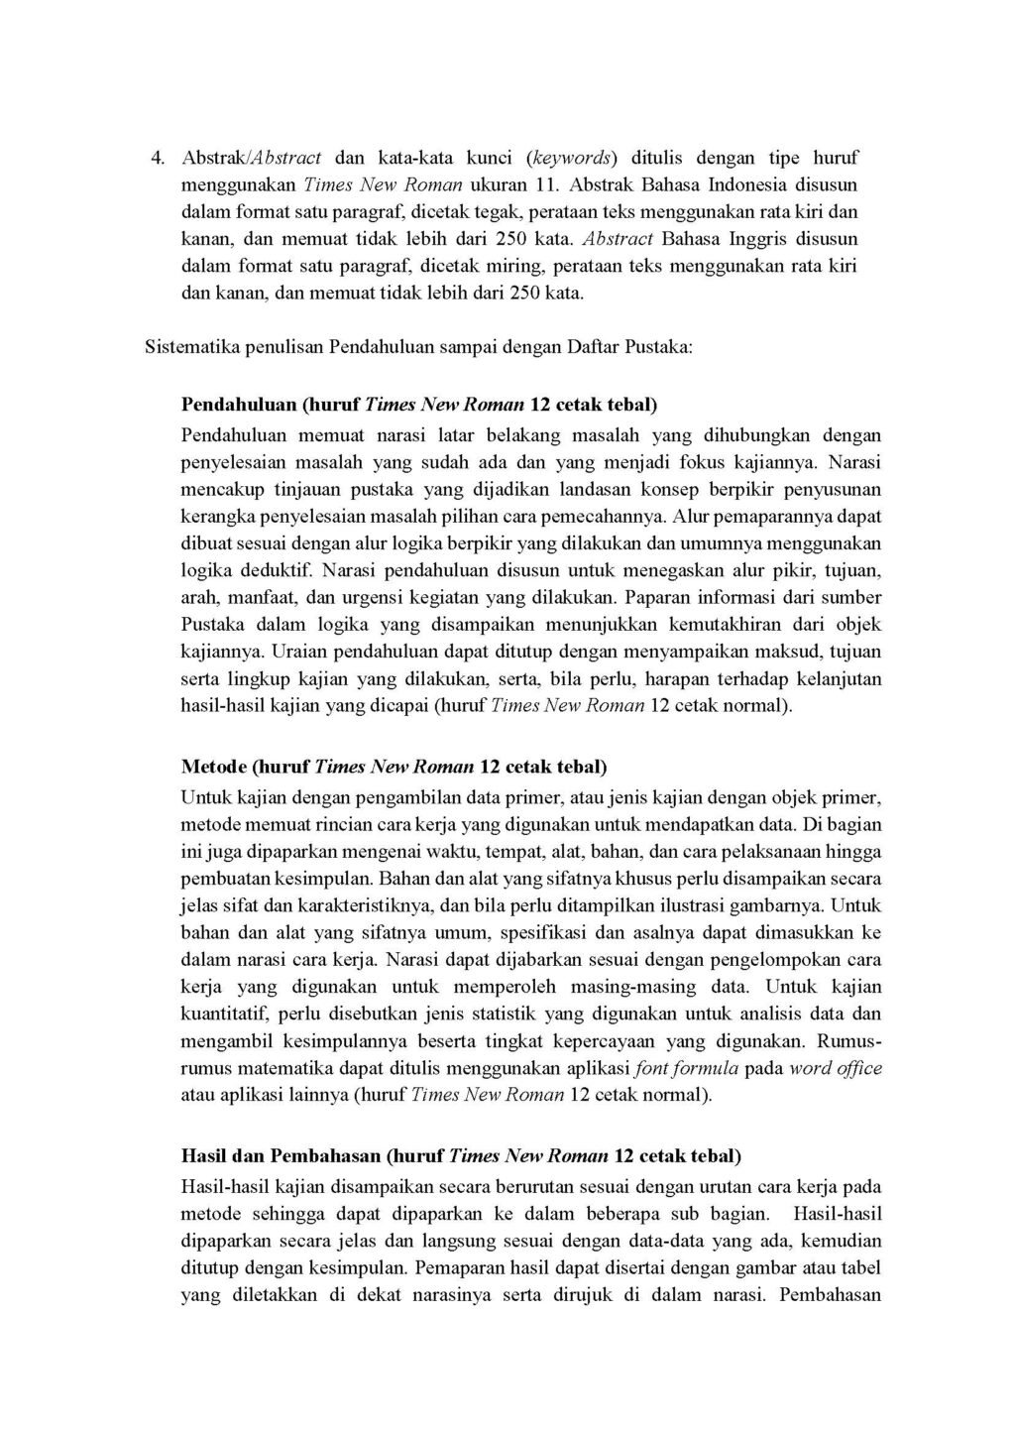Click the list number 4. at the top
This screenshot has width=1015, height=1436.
[156, 158]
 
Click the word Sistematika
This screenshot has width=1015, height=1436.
[188, 348]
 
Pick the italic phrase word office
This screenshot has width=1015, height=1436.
[836, 1069]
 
